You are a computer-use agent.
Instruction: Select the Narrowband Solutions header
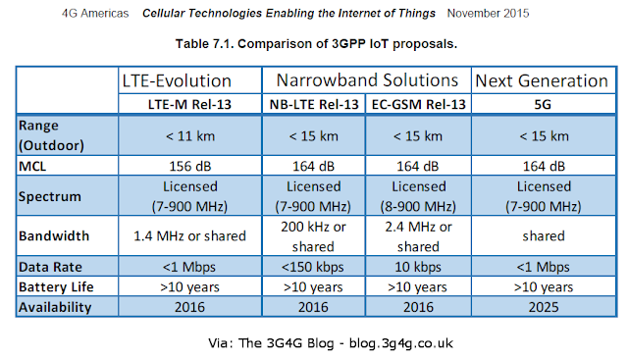click(x=367, y=80)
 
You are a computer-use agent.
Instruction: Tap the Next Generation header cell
click(x=542, y=80)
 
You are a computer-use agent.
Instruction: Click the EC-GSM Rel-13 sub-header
click(x=419, y=105)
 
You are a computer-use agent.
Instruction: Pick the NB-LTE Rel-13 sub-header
click(x=314, y=105)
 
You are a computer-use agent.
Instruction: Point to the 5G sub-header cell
click(x=543, y=105)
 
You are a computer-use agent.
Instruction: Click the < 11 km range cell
click(x=190, y=136)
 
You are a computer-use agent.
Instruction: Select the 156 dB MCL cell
click(x=189, y=166)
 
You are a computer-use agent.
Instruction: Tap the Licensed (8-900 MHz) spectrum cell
click(x=418, y=196)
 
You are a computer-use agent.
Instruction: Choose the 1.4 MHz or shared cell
click(x=189, y=235)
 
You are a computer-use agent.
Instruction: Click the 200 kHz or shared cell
click(x=313, y=236)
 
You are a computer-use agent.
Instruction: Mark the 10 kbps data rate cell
click(x=418, y=267)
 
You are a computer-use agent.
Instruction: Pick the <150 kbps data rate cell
click(x=313, y=267)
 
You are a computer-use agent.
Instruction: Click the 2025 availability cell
click(x=544, y=307)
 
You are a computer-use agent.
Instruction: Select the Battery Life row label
click(x=56, y=287)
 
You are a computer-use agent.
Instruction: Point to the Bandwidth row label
click(x=54, y=235)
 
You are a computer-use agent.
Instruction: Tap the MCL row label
click(x=32, y=166)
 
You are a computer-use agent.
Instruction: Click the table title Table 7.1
click(x=204, y=43)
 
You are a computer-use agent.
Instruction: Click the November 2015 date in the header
click(x=488, y=13)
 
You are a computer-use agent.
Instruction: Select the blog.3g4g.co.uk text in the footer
click(x=401, y=343)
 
